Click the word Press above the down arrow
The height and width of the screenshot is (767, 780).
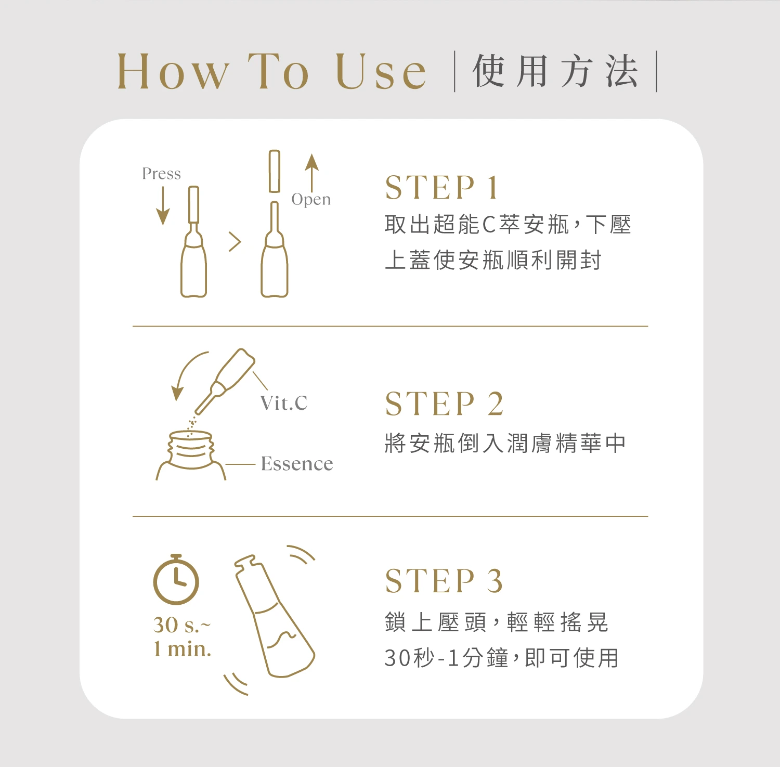click(x=161, y=174)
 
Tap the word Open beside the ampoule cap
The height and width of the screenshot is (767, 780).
click(x=311, y=200)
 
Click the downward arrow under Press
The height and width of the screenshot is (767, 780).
click(x=163, y=205)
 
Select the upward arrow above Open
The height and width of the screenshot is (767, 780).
click(x=311, y=173)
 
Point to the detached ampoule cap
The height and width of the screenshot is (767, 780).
click(x=275, y=172)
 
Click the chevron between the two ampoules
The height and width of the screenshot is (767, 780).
click(x=236, y=242)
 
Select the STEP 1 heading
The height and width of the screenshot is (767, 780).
click(x=442, y=187)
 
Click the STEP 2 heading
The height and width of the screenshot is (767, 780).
click(x=445, y=404)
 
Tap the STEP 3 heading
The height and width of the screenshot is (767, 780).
click(x=445, y=580)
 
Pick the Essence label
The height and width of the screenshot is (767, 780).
click(x=297, y=464)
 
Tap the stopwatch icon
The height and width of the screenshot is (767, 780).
click(x=176, y=579)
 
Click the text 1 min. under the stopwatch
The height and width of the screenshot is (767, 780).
click(x=182, y=649)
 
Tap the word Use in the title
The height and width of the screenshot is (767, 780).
click(x=381, y=71)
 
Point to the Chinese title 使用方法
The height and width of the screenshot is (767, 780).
click(x=555, y=71)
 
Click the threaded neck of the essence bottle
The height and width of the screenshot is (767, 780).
click(x=191, y=448)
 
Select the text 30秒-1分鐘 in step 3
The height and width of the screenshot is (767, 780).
click(x=446, y=658)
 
